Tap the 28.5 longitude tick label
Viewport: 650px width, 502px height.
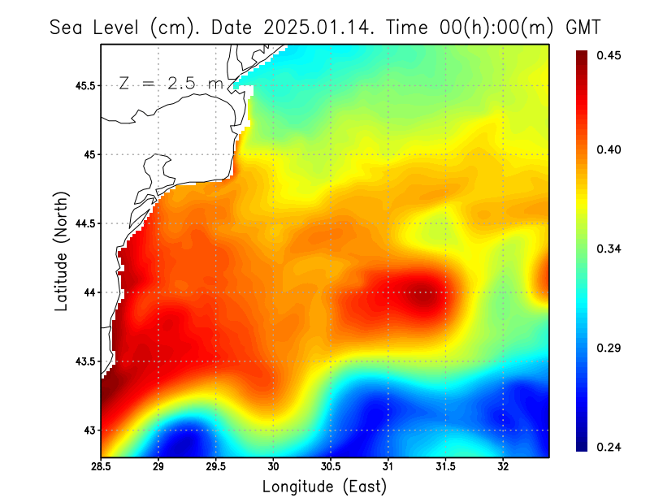point(101,467)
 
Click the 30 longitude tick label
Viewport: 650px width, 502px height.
point(273,467)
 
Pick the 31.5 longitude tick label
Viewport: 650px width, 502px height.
point(446,467)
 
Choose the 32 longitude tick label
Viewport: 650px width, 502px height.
point(503,467)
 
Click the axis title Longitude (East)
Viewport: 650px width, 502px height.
point(324,487)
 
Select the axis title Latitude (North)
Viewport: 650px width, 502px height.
point(61,251)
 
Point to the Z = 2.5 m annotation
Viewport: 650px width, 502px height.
point(170,83)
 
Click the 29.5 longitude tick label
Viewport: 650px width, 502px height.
point(216,467)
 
